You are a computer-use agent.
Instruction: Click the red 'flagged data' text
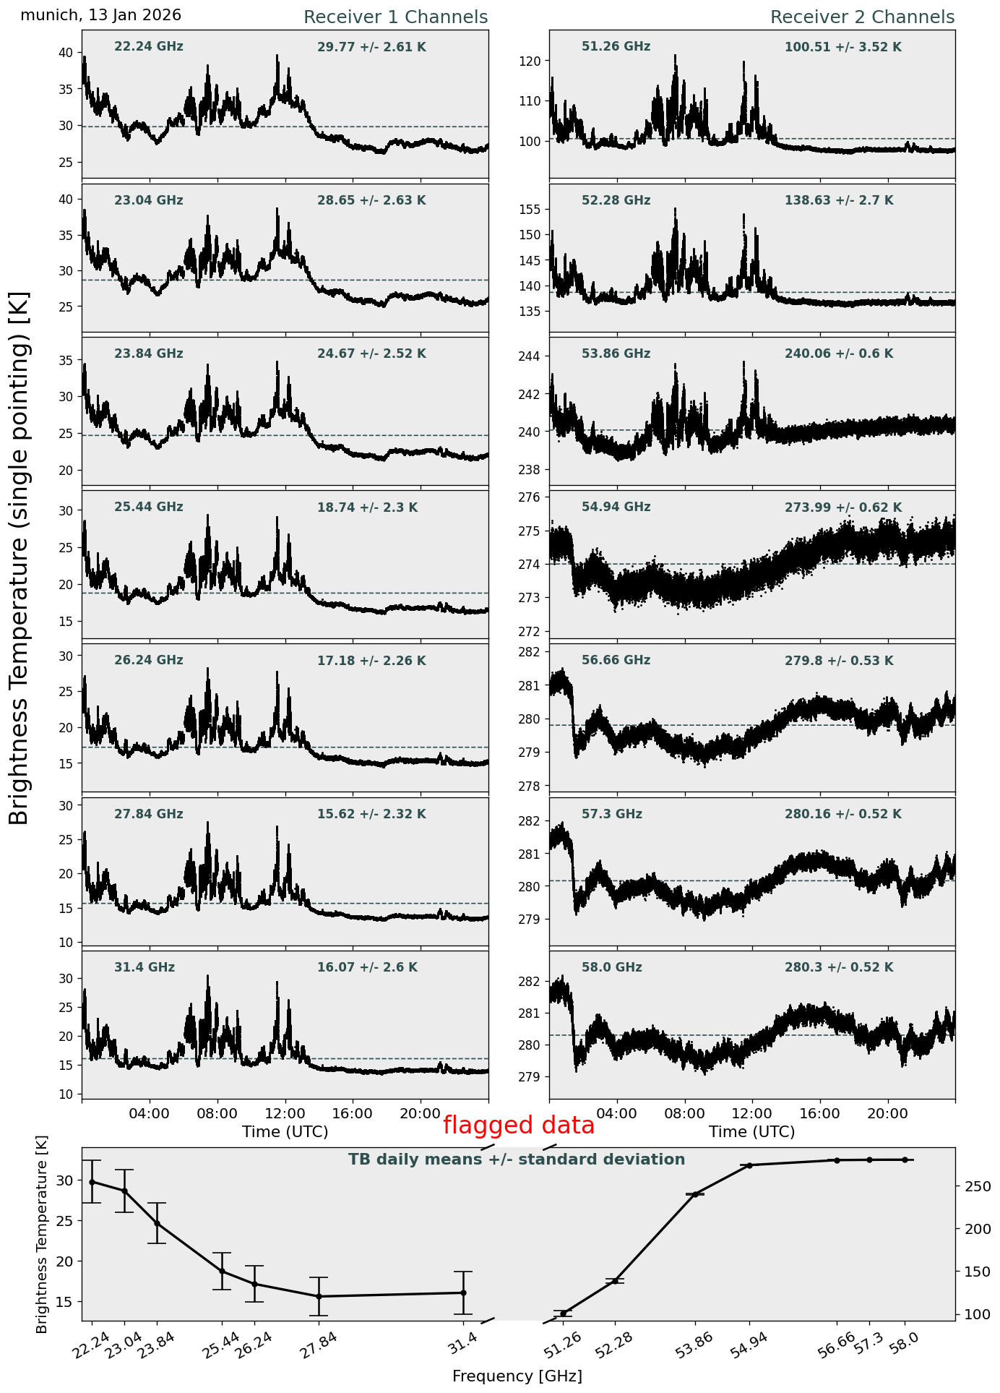coord(518,1126)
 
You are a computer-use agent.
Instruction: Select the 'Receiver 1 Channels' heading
coord(395,17)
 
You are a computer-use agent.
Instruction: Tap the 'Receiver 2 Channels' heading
coord(862,17)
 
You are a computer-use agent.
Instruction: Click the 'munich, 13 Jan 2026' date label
coord(100,15)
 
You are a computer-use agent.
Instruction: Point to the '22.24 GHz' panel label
coord(149,47)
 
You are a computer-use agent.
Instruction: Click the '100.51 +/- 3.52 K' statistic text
coord(842,48)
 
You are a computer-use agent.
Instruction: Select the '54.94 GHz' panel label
coord(616,507)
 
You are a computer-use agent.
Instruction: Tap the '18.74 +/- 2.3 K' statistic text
coord(367,508)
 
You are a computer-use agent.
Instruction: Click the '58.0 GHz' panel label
coord(611,967)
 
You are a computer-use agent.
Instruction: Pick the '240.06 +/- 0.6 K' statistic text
coord(839,354)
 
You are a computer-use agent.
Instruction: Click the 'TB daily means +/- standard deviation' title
coord(517,1160)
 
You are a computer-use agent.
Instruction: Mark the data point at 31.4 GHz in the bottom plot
coord(463,1293)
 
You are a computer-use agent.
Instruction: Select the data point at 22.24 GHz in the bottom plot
coord(92,1182)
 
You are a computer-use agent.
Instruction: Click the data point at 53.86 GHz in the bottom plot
coord(695,1194)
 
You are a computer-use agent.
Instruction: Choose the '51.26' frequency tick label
coord(562,1347)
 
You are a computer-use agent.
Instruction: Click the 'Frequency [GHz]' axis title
coord(517,1376)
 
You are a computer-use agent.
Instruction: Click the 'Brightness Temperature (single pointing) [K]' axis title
coord(19,557)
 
